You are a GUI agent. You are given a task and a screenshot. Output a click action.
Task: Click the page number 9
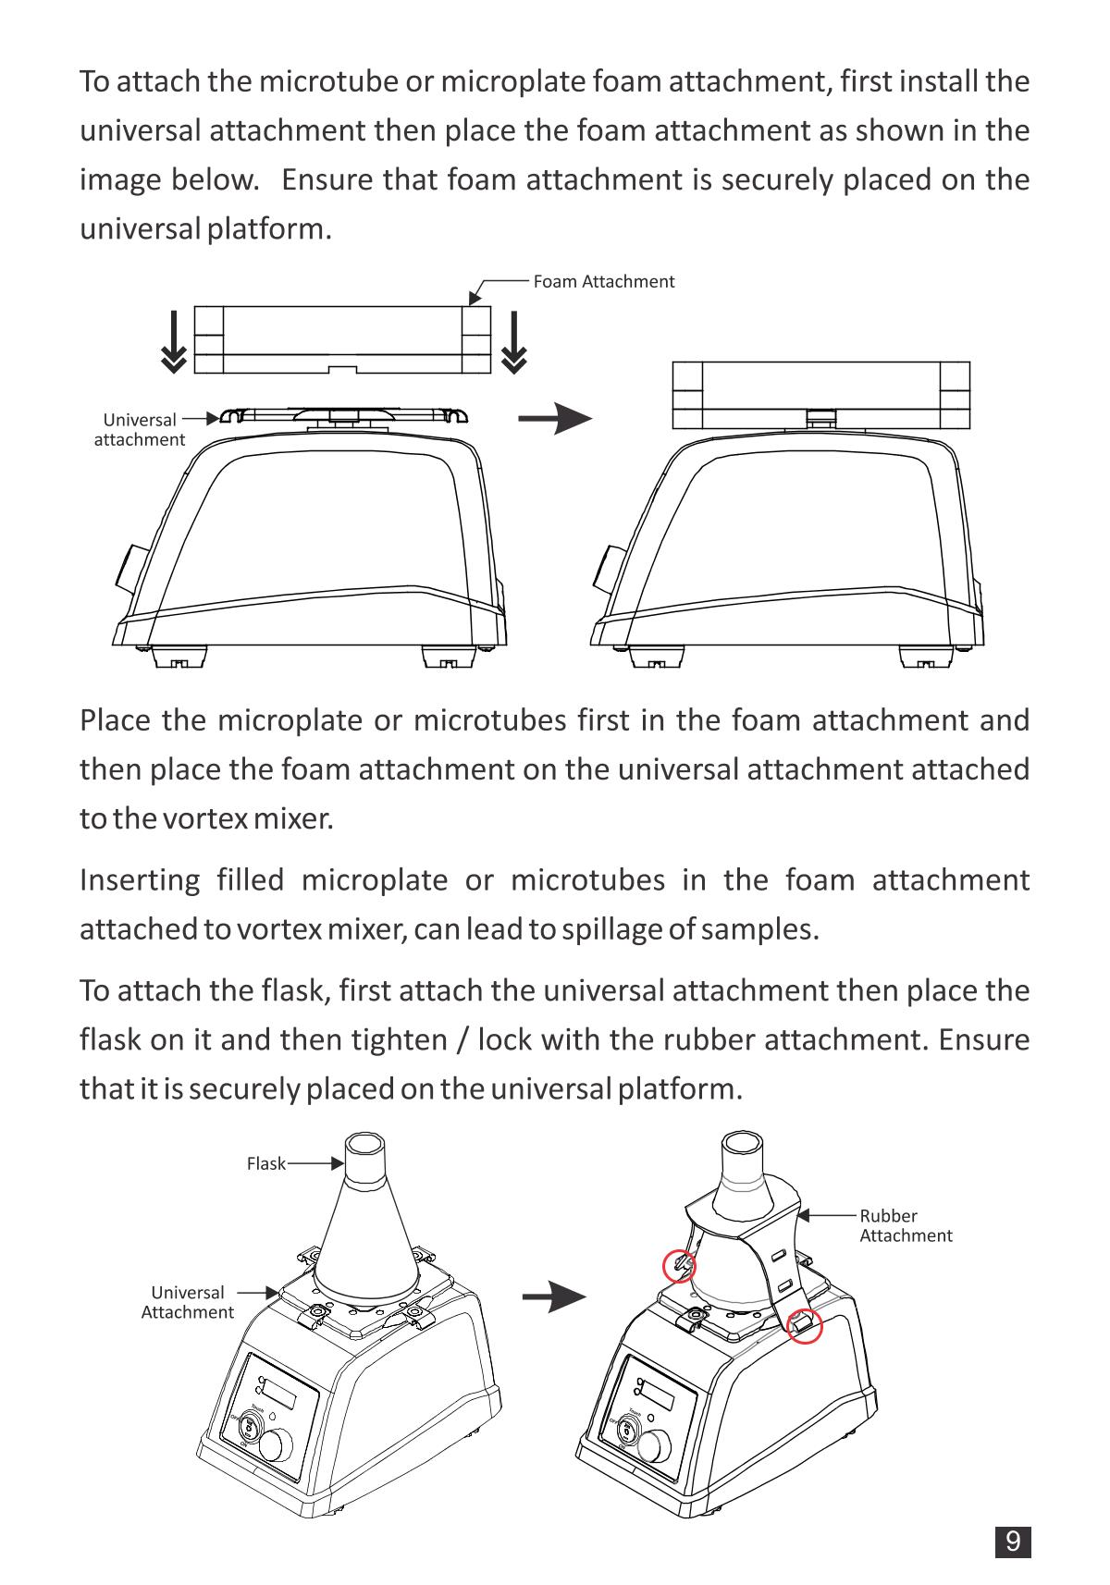point(1013,1542)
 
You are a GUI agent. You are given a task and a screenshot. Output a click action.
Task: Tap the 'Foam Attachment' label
point(603,281)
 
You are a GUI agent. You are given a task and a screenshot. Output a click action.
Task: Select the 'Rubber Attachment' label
point(905,1225)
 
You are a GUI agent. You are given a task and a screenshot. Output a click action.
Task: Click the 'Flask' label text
point(265,1163)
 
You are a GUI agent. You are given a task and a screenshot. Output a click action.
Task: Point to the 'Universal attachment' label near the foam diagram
point(140,429)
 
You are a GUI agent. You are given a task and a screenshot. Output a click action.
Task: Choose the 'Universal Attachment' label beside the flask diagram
point(188,1302)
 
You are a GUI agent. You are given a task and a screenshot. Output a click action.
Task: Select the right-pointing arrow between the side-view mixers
point(554,419)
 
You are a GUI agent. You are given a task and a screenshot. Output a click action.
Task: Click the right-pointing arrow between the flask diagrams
point(554,1296)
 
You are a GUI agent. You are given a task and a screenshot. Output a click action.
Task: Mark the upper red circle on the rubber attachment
point(680,1265)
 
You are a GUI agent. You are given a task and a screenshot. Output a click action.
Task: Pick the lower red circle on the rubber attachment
point(805,1325)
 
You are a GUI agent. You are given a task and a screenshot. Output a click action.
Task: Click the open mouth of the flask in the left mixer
point(365,1144)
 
